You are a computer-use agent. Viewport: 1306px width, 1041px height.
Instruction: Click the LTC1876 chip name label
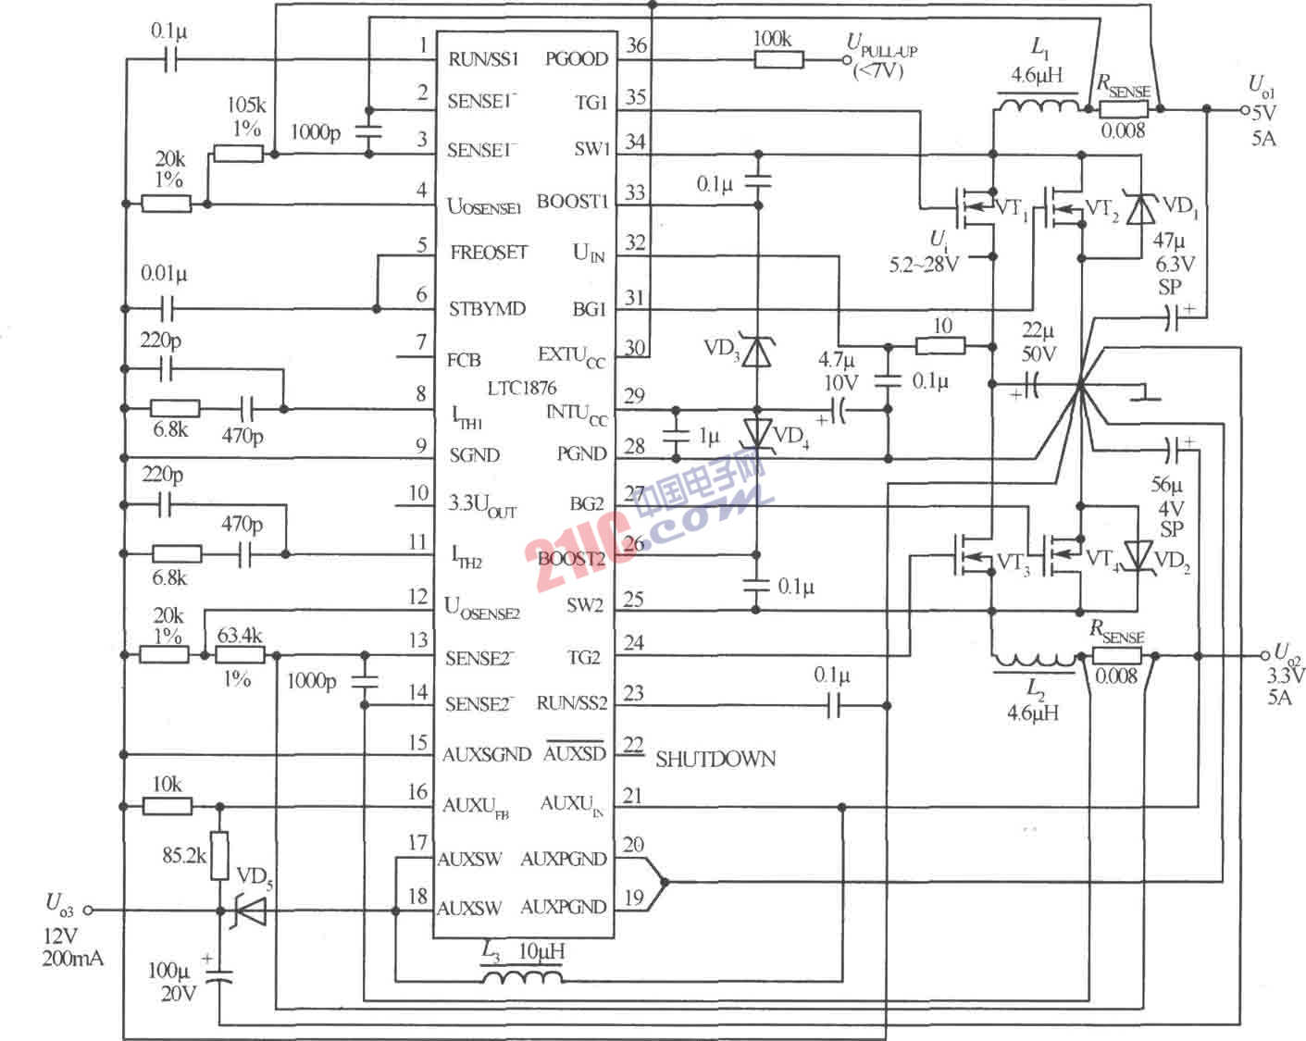[522, 388]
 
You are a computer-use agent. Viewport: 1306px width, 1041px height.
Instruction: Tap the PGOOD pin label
[576, 59]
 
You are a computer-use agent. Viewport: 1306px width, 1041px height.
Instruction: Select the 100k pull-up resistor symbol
[778, 60]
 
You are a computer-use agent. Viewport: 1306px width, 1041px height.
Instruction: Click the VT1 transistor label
[1012, 208]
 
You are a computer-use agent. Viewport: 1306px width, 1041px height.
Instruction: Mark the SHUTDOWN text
[715, 760]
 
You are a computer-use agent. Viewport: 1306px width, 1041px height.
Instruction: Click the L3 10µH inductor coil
[521, 977]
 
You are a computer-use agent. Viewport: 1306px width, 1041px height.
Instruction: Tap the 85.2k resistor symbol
[219, 856]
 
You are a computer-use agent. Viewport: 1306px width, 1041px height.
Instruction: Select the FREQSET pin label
[488, 253]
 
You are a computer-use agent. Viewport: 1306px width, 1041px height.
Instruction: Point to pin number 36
[636, 45]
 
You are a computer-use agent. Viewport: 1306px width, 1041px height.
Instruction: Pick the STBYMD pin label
[487, 308]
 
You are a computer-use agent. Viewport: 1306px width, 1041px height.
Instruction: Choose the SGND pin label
[474, 455]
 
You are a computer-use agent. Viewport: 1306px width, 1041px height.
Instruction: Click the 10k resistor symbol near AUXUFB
[168, 806]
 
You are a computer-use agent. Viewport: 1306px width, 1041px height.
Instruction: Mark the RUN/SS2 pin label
[571, 703]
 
